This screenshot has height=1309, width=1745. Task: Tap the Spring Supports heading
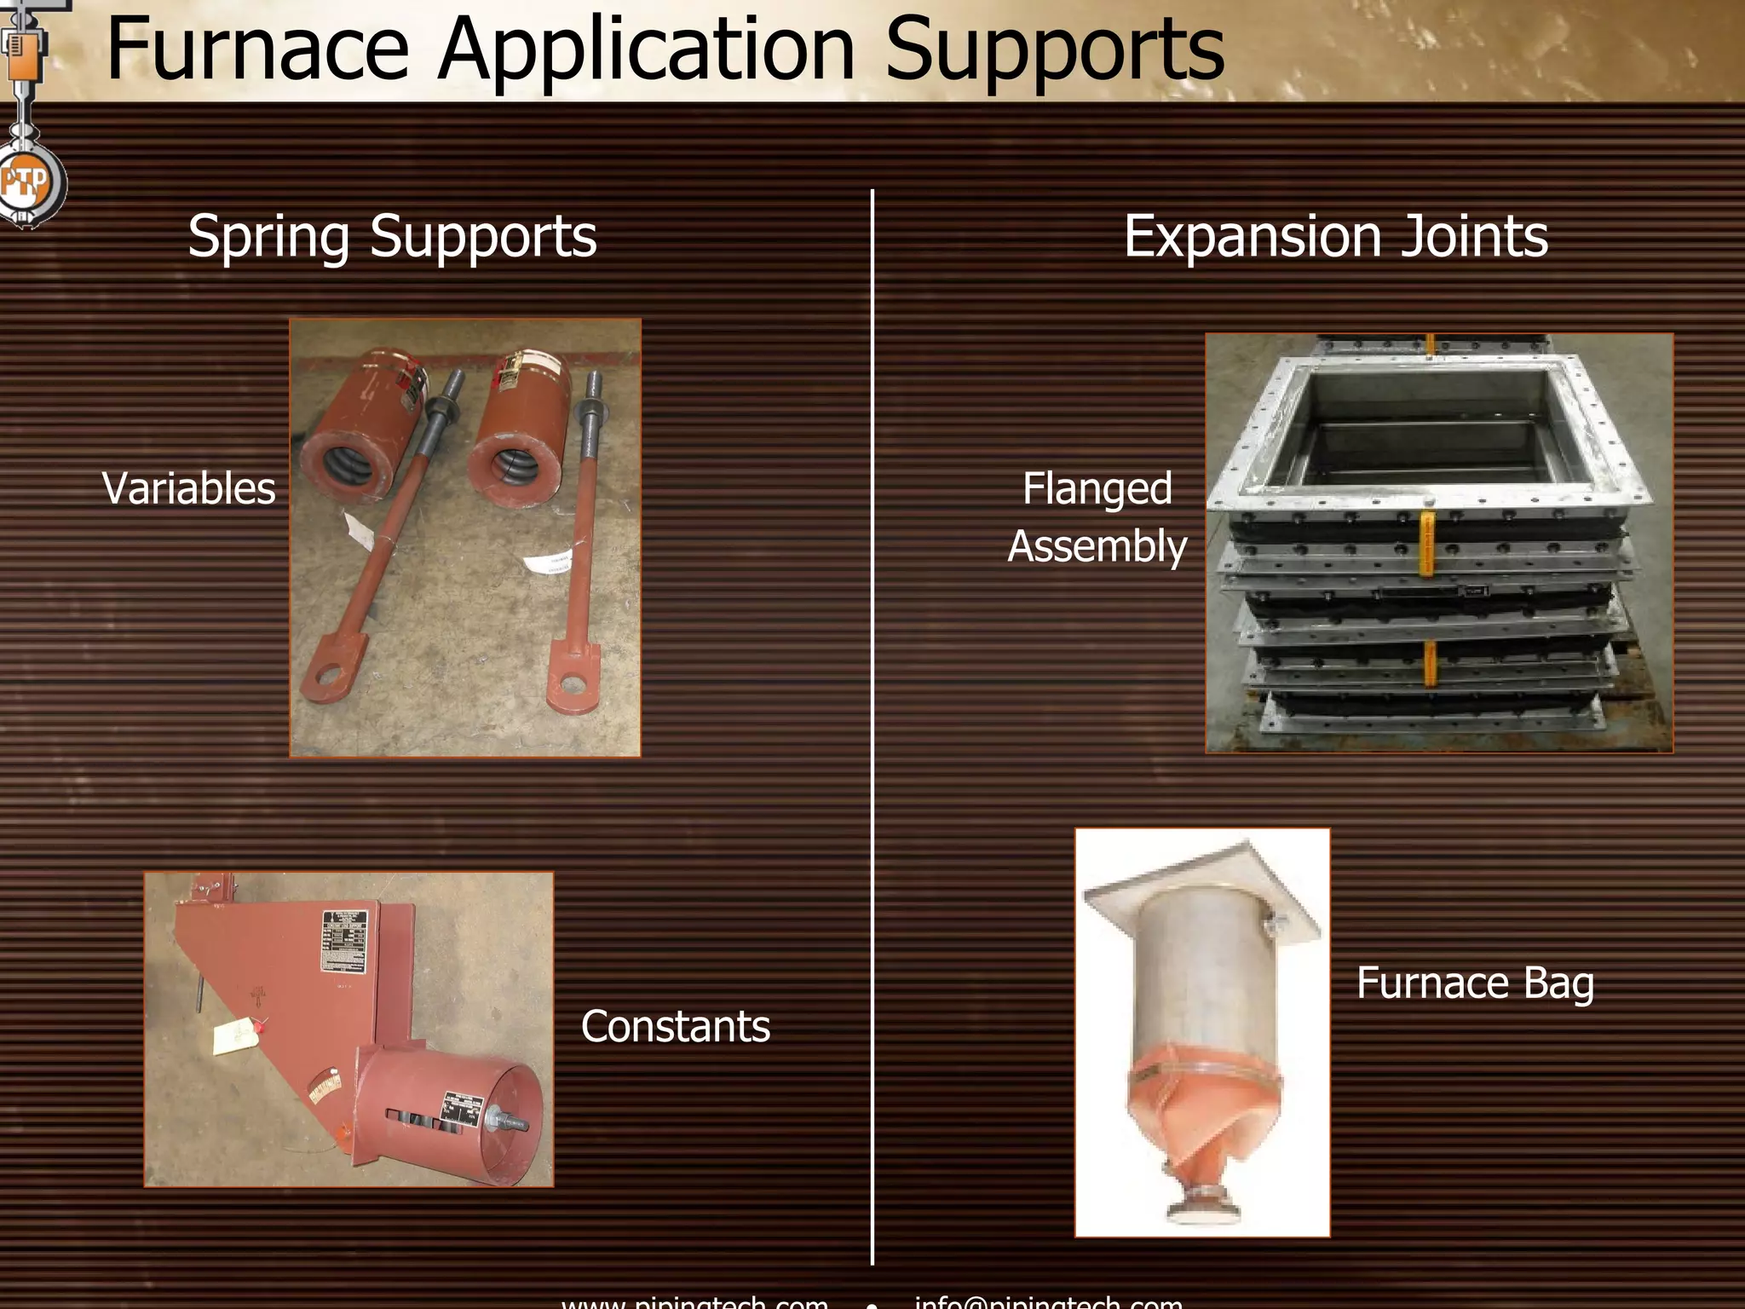(392, 236)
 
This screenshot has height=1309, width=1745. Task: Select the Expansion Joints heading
(1335, 236)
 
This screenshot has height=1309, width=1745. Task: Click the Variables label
(188, 488)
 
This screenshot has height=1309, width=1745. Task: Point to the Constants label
(675, 1026)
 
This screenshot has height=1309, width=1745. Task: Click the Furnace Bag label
(1474, 983)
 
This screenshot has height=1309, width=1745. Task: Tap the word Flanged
(1097, 489)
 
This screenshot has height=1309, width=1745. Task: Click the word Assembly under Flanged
(1097, 546)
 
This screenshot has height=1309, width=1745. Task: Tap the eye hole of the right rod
(569, 683)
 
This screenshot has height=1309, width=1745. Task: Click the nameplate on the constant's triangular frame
(345, 941)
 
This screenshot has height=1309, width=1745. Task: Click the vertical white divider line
(872, 724)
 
